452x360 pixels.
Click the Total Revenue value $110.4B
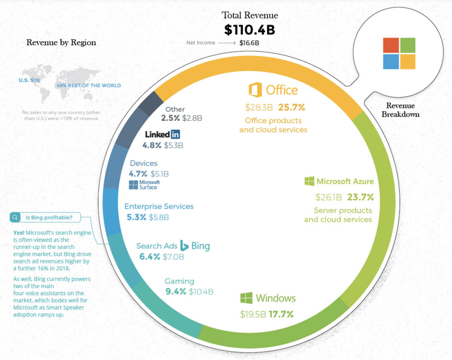(249, 29)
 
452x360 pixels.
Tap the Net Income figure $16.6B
(249, 43)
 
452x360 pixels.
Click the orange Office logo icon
(255, 90)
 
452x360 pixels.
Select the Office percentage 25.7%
(291, 107)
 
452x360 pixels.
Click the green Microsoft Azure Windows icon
(309, 181)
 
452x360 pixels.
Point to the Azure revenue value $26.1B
(329, 197)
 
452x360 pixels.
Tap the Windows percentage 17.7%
(281, 314)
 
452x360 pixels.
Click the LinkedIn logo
(163, 134)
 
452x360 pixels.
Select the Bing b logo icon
(184, 245)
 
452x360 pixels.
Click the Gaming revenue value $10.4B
(201, 291)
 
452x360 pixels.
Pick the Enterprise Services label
(159, 206)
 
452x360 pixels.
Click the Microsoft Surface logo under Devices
(144, 185)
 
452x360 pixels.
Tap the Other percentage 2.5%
(170, 118)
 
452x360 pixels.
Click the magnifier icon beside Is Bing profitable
(15, 217)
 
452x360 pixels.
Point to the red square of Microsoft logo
(391, 45)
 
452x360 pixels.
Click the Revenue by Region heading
(61, 43)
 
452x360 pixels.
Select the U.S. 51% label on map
(29, 80)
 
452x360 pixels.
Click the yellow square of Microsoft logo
(408, 62)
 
